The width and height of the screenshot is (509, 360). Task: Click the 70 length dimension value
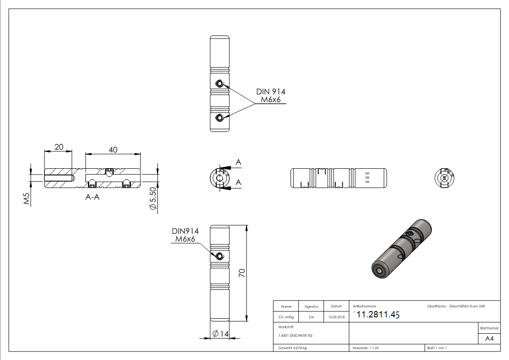[242, 272]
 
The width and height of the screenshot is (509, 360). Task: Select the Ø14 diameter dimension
[219, 334]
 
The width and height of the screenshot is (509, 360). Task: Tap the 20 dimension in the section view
[58, 147]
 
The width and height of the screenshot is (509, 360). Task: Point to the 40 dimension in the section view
[113, 150]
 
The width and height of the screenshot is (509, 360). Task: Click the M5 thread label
[27, 199]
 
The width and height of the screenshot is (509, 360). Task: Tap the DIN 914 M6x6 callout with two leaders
[271, 96]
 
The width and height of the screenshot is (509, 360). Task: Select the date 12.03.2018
[336, 317]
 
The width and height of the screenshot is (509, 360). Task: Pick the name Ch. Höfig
[286, 317]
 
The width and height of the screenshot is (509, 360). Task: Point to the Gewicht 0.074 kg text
[293, 348]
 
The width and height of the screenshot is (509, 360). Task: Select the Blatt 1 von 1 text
[437, 348]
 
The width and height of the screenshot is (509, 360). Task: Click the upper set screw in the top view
[219, 83]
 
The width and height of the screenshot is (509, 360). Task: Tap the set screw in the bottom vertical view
[219, 256]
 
